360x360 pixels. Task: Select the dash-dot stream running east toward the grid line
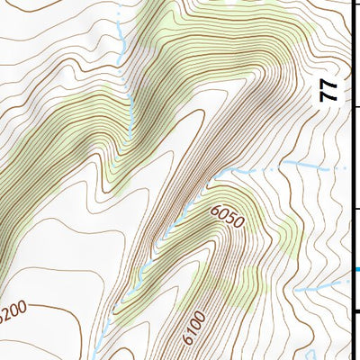[x=288, y=166]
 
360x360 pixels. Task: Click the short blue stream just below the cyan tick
[x=319, y=286]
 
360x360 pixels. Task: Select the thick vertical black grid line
[x=352, y=180]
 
